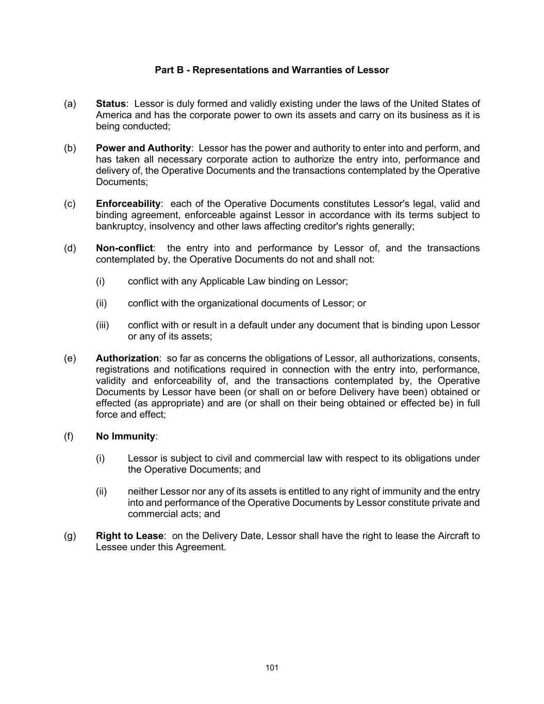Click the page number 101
click(x=272, y=668)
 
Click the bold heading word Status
click(x=111, y=104)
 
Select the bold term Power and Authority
click(x=143, y=148)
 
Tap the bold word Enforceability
click(x=128, y=204)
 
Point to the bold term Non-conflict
click(x=124, y=248)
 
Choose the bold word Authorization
click(x=127, y=358)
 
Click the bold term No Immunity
click(x=125, y=436)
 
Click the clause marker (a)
click(x=70, y=104)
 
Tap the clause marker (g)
click(x=70, y=536)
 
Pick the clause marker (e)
click(x=70, y=358)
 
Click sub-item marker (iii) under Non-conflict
click(x=103, y=325)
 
